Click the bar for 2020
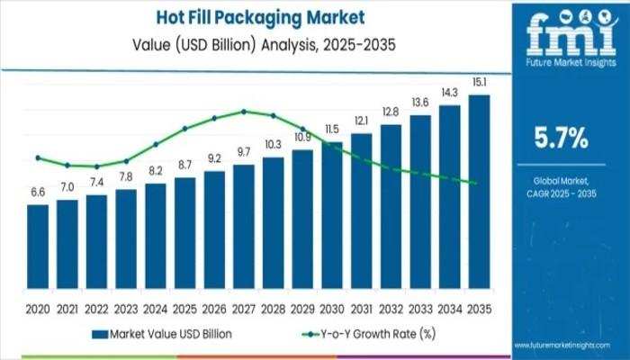(x=38, y=244)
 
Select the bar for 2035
(x=479, y=189)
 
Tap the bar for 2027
(x=243, y=224)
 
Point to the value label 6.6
(x=38, y=193)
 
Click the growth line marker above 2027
(x=243, y=112)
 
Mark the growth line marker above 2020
(x=38, y=157)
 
